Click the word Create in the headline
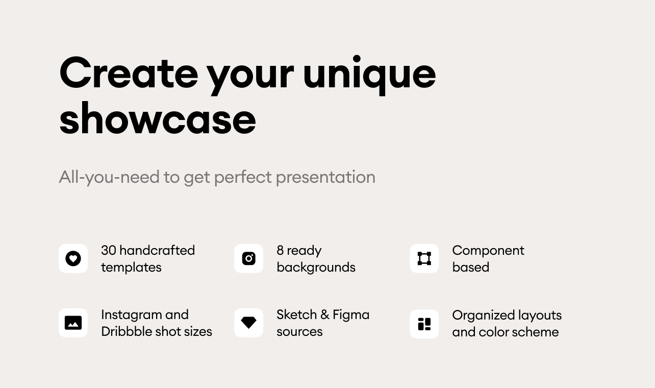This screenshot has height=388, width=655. pos(129,73)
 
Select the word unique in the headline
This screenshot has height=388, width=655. pos(370,75)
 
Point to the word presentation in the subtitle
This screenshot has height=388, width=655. pos(325,177)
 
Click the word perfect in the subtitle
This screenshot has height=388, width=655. pos(243,177)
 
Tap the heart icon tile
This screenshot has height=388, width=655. pos(73,259)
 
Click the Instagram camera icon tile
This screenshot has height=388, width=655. pos(248,259)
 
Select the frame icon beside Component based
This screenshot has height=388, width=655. pos(424,259)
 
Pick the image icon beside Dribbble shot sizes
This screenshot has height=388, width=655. pos(73,323)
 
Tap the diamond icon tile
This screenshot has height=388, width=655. pos(248,323)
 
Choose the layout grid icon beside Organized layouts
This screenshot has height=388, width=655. pos(424,324)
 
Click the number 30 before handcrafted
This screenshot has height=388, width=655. pos(109,251)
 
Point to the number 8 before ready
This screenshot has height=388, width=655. pos(280,251)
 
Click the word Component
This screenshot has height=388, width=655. pos(488,251)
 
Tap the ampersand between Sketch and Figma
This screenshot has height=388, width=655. pos(324,315)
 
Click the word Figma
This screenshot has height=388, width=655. pos(351,316)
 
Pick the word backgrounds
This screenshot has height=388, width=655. pos(316,268)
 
